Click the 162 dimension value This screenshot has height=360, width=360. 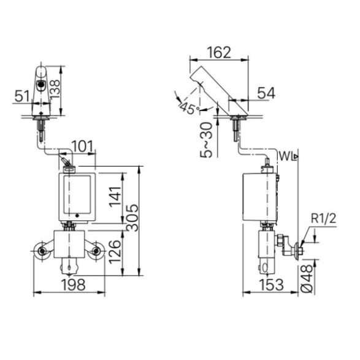(x=219, y=52)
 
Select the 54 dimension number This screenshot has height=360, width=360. (x=266, y=93)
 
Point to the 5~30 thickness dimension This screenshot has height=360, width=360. (x=207, y=140)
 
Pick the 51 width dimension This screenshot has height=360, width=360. (x=22, y=96)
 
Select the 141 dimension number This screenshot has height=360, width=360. (x=115, y=197)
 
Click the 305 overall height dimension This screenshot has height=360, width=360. (x=132, y=217)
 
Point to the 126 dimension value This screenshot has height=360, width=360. (x=115, y=252)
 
